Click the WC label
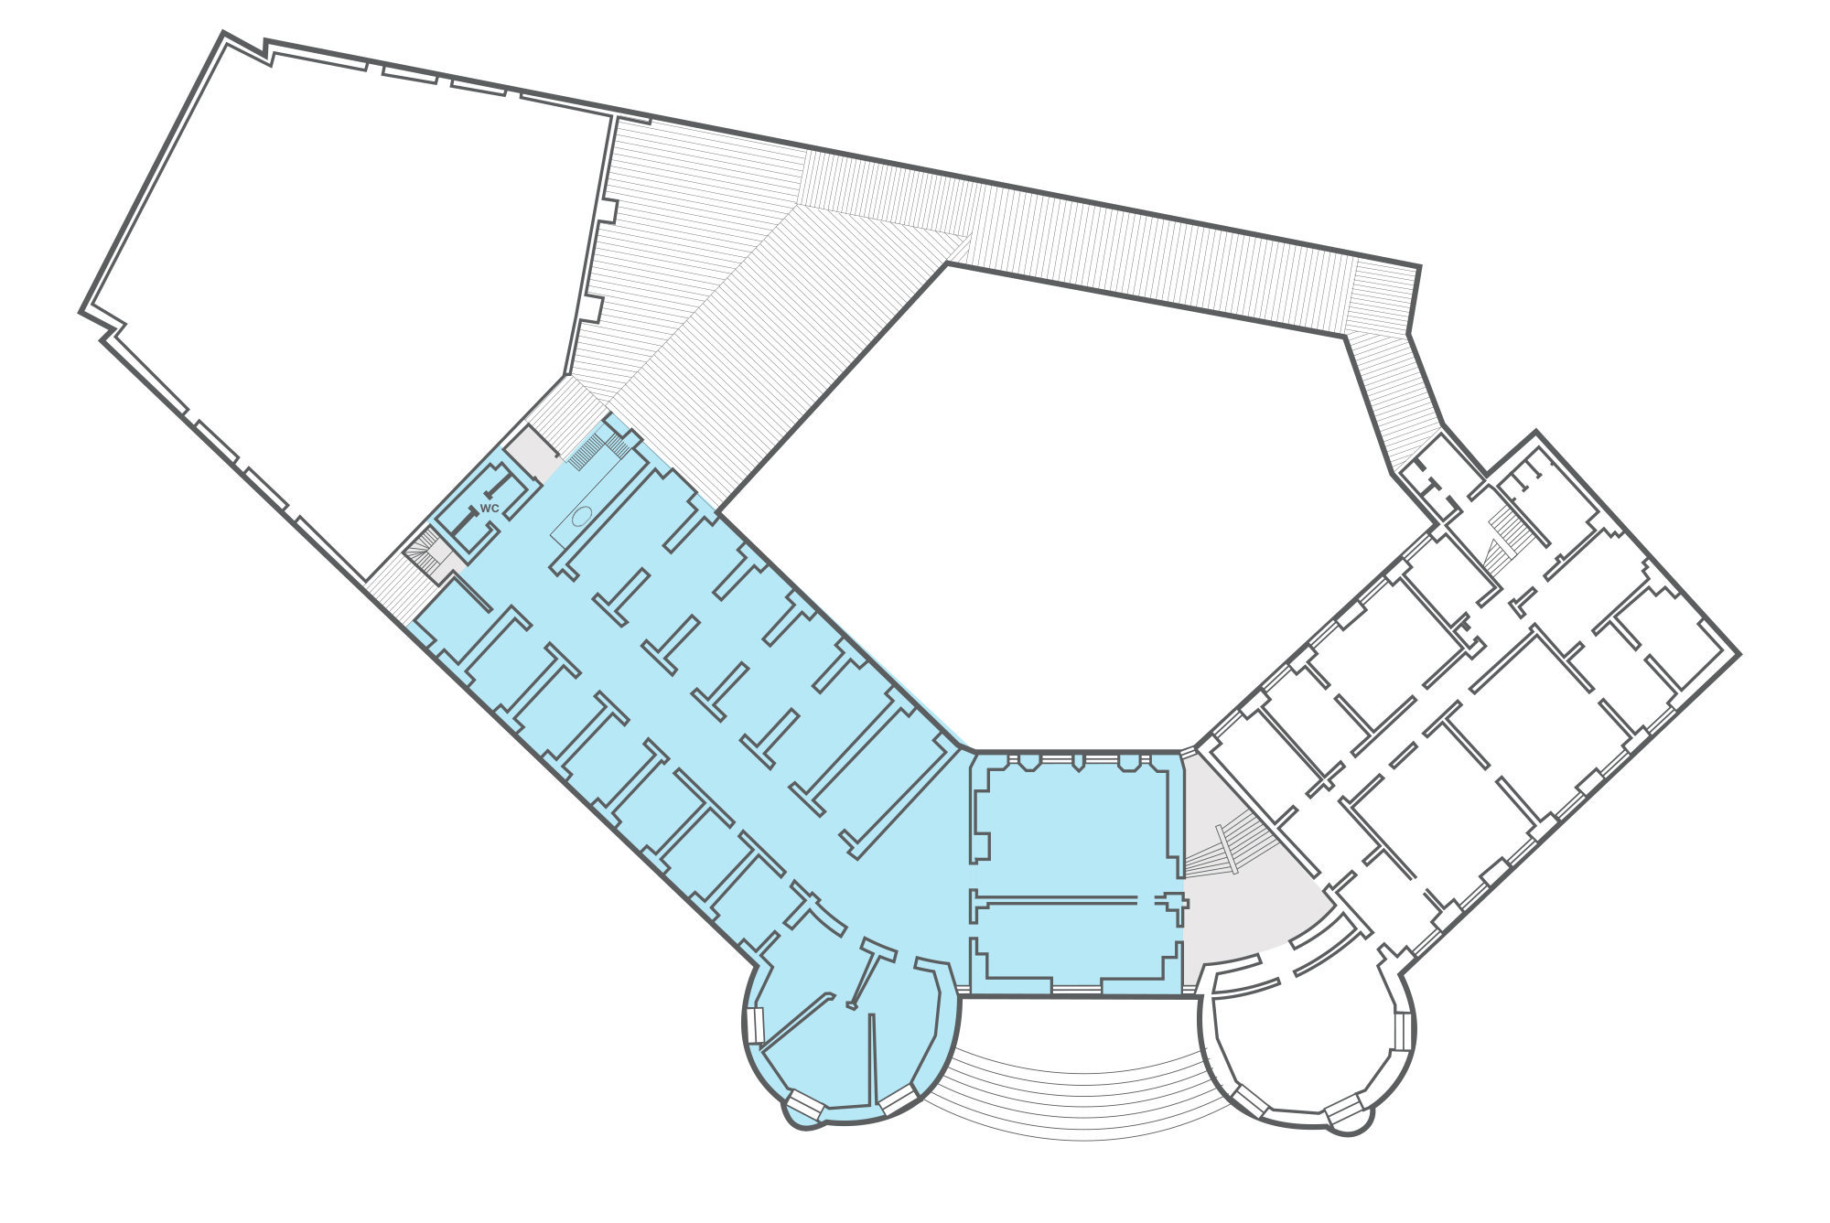(x=490, y=508)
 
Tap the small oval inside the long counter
(x=580, y=517)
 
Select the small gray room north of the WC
(x=531, y=453)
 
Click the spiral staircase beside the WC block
(x=425, y=552)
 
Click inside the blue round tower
(x=823, y=1061)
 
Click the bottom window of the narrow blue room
(x=1076, y=989)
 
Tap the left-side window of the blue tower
(x=756, y=1025)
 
